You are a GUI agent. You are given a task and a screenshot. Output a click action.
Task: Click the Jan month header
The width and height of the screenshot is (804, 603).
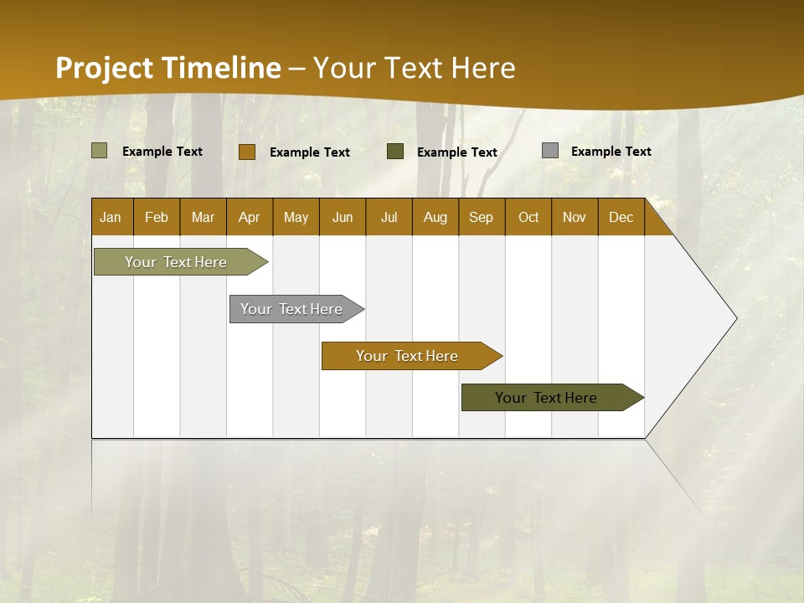click(111, 217)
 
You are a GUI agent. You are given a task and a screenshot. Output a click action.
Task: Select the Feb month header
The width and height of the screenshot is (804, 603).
click(157, 217)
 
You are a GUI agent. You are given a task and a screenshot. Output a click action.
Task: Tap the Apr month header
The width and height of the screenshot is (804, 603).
click(249, 217)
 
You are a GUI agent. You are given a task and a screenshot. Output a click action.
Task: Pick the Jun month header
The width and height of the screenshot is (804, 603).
click(343, 217)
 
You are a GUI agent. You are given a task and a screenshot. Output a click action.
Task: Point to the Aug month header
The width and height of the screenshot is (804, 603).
click(435, 217)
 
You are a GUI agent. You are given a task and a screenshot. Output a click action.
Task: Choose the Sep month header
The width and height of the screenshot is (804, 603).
click(481, 217)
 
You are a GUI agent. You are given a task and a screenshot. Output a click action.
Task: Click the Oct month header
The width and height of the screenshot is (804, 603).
click(528, 217)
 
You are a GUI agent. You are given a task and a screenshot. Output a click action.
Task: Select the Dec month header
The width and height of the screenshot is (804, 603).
click(621, 217)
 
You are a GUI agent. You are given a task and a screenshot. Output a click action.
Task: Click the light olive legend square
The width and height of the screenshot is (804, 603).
click(100, 151)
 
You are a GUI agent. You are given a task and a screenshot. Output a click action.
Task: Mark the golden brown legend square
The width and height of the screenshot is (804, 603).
click(246, 152)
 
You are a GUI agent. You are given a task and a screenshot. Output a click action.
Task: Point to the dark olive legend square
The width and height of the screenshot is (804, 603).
click(395, 152)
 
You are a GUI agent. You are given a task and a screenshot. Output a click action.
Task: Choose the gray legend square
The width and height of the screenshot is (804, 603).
click(550, 151)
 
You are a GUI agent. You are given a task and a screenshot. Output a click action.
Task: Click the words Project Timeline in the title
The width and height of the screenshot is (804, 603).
click(168, 68)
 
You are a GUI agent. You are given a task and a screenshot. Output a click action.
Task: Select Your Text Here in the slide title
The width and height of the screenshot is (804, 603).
click(414, 68)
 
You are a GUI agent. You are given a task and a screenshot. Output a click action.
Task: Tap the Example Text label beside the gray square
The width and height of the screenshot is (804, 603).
click(611, 152)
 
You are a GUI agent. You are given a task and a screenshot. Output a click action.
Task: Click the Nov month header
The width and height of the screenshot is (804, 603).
click(574, 217)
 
